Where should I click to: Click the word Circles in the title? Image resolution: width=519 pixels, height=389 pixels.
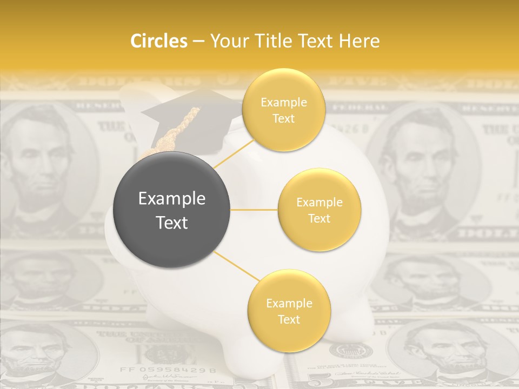[158, 41]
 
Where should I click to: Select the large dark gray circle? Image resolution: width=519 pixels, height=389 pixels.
[171, 210]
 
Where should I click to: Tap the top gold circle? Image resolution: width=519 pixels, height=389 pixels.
[283, 110]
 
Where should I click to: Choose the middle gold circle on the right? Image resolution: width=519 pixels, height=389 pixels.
[319, 210]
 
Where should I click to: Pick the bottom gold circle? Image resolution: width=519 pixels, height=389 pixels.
[289, 311]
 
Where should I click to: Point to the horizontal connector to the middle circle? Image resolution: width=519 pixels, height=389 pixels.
[254, 210]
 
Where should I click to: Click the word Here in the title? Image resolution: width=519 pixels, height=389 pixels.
[358, 41]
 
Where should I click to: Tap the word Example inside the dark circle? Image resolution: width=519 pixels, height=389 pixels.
[171, 198]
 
